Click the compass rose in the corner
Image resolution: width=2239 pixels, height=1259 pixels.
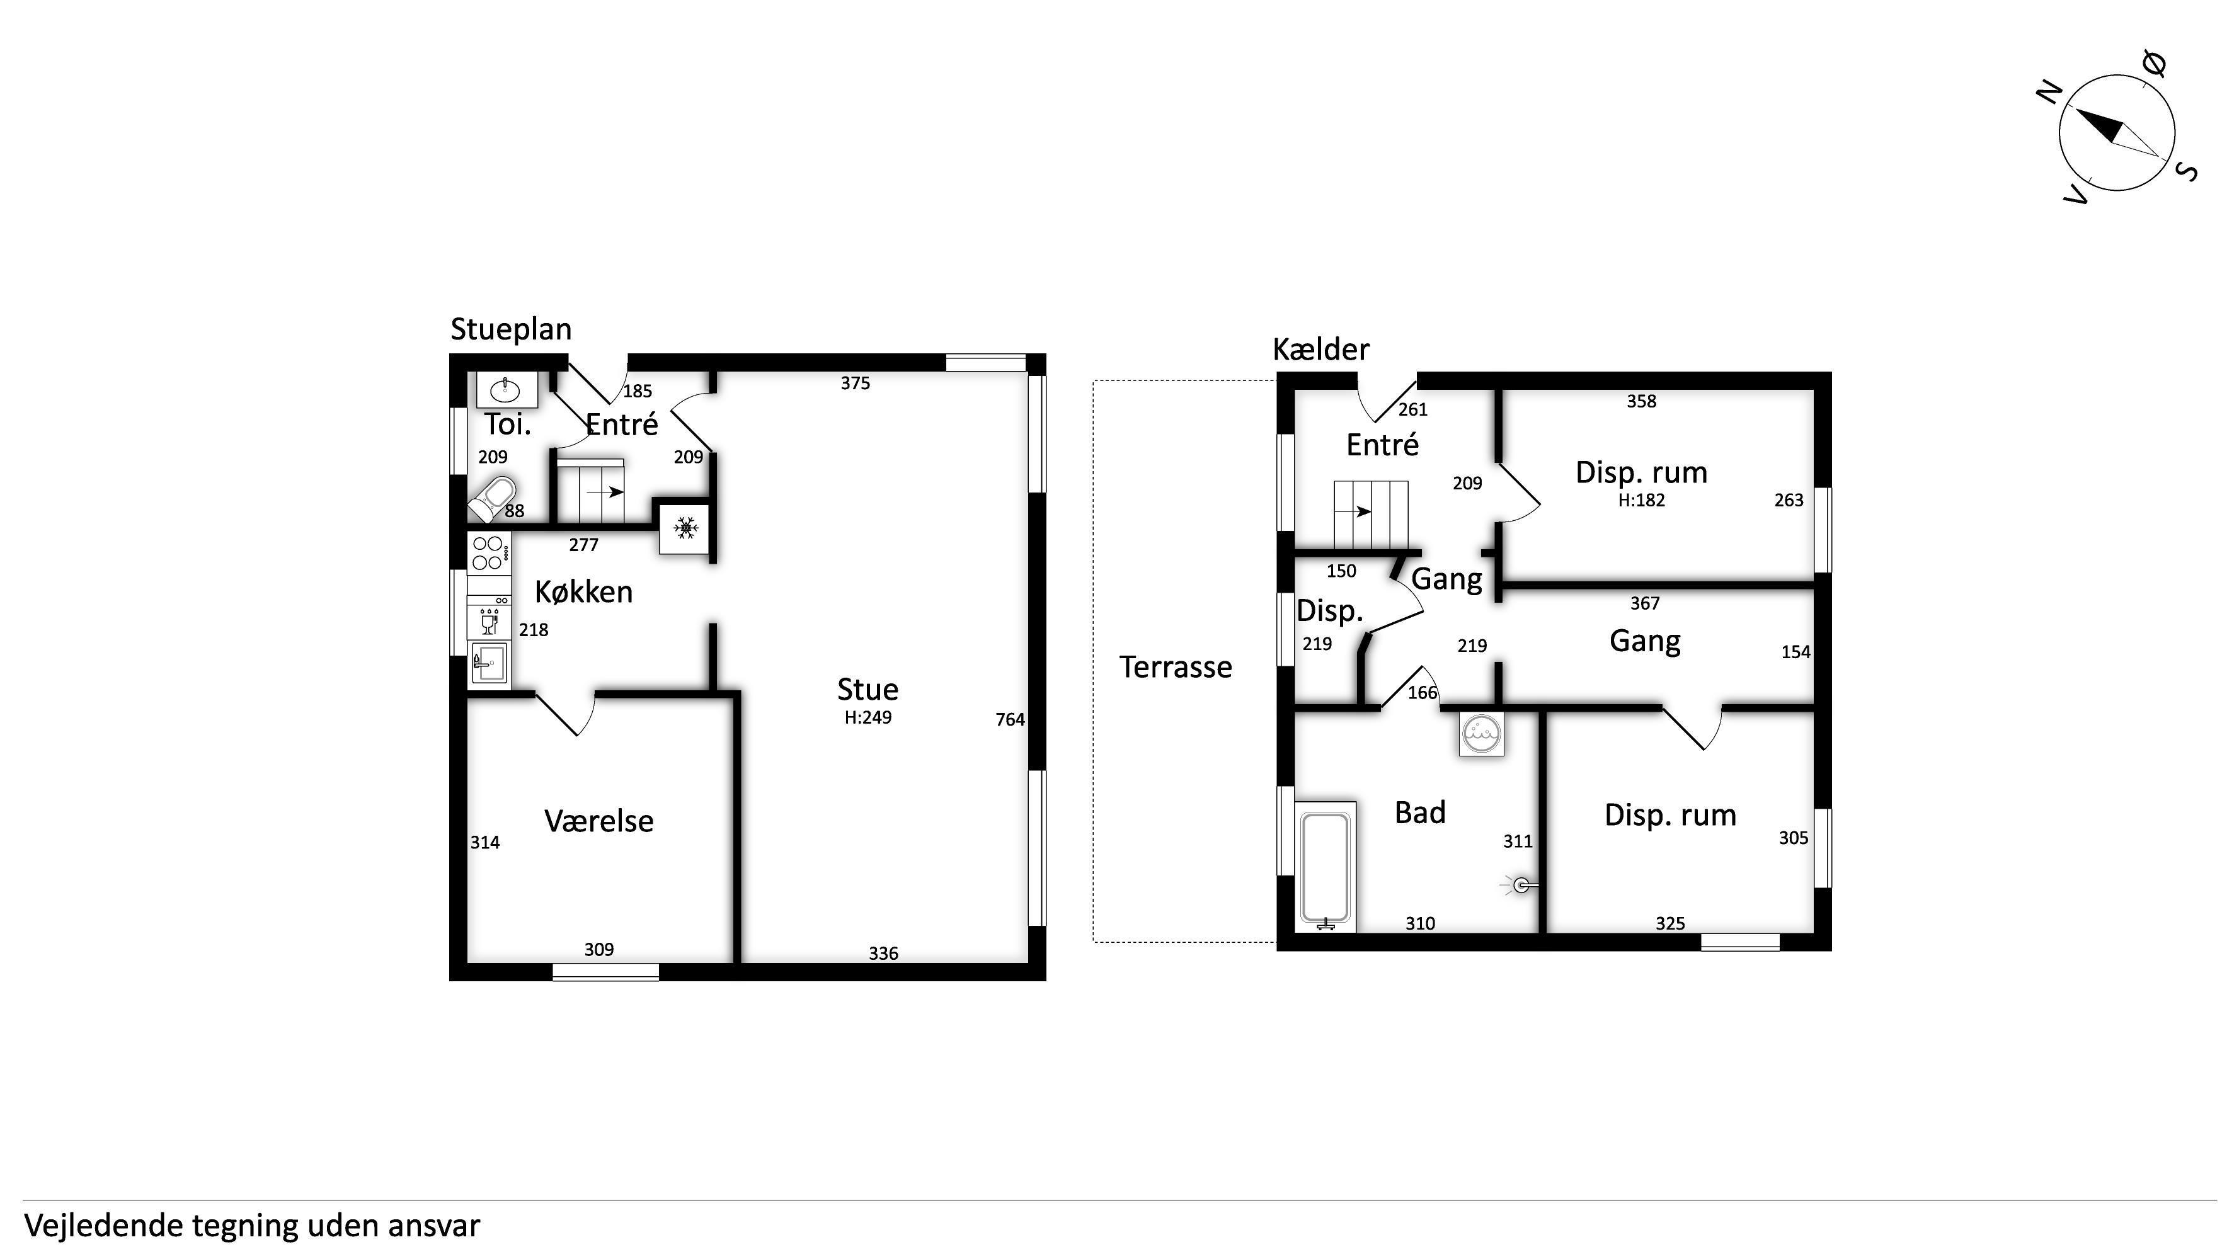tap(2116, 133)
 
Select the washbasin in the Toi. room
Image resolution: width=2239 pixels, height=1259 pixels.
tap(507, 389)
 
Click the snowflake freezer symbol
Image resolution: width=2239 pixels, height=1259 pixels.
tap(686, 527)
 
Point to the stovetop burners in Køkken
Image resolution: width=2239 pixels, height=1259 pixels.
tap(490, 552)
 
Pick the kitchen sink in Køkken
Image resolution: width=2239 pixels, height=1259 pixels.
tap(490, 664)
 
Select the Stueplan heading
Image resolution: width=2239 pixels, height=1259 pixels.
tap(511, 329)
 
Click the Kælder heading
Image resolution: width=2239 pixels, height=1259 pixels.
tap(1321, 350)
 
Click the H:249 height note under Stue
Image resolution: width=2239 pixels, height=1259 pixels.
tap(868, 718)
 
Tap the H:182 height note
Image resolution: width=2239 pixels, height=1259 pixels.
tap(1642, 501)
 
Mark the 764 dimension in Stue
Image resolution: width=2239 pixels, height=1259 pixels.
tap(1010, 719)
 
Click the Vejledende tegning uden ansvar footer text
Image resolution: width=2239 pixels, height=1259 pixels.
tap(252, 1226)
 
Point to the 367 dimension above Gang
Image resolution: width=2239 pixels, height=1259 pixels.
tap(1644, 603)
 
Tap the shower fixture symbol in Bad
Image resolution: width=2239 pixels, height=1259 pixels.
tap(1520, 886)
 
